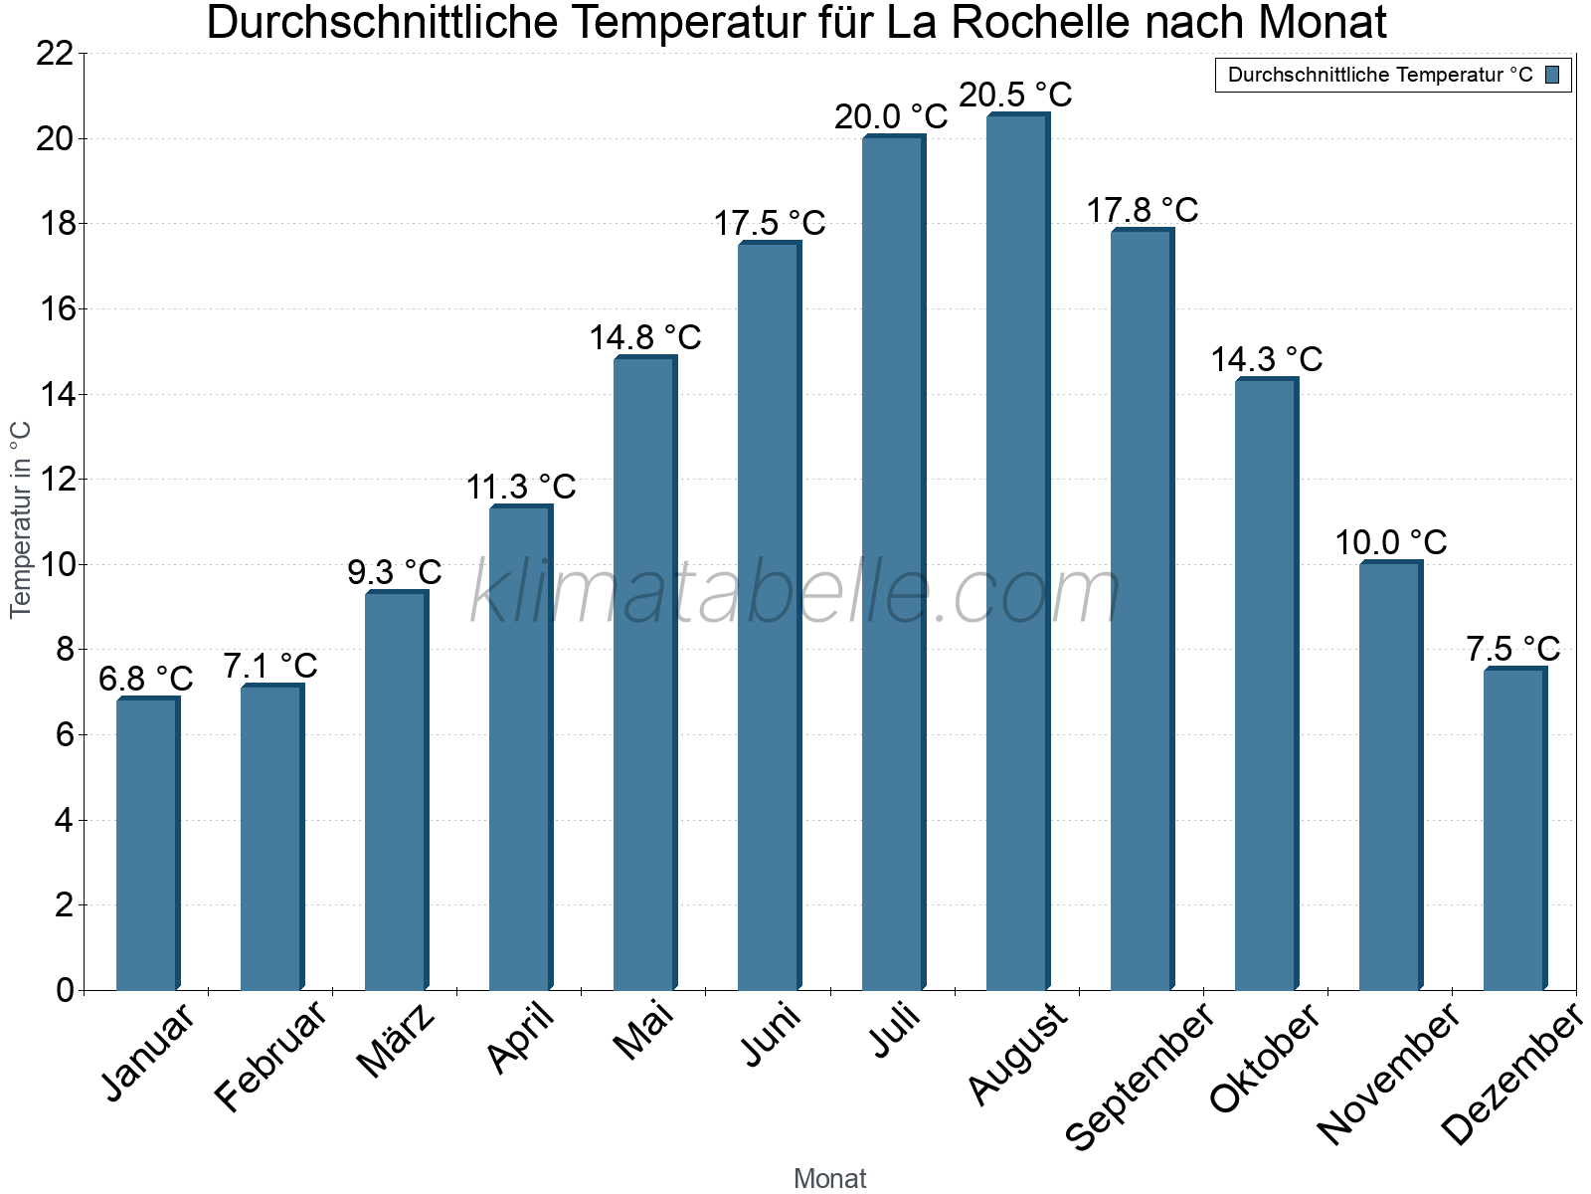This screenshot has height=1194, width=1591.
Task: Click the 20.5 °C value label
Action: (1015, 95)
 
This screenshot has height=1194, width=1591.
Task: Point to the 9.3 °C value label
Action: (395, 572)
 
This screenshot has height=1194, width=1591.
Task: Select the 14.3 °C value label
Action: (1266, 359)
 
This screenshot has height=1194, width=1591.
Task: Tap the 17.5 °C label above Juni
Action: (769, 223)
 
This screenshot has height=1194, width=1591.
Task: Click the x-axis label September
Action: (1140, 1075)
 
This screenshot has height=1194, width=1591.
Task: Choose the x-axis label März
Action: (396, 1040)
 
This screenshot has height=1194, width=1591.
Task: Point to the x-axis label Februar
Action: (269, 1055)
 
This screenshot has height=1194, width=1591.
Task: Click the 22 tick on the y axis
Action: (55, 54)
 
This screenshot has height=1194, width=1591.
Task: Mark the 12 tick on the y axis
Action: (55, 480)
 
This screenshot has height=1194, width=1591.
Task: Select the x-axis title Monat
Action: (829, 1178)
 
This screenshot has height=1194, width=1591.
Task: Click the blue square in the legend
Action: (1552, 75)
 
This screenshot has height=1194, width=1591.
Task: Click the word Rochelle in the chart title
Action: (1060, 23)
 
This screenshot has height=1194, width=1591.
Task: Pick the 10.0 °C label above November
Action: (1390, 543)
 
